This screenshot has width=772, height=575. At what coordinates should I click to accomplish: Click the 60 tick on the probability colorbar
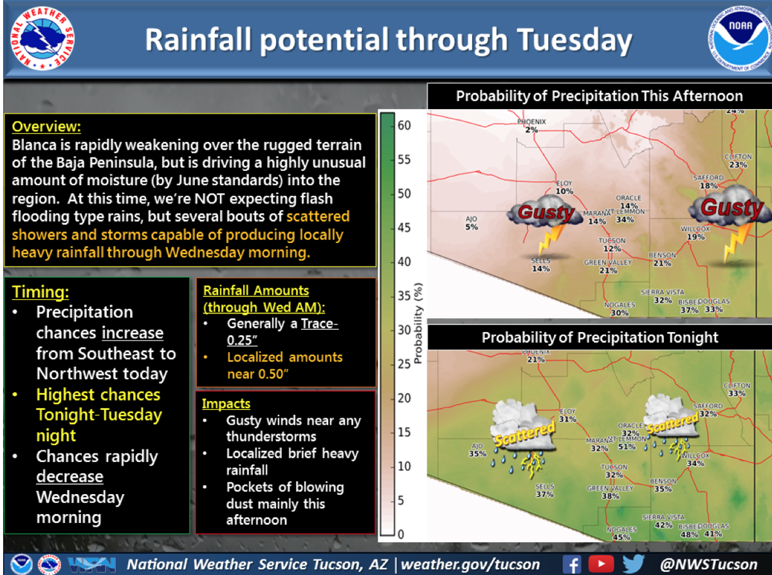coord(403,126)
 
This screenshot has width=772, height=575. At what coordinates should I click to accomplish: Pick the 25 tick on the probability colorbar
coord(403,364)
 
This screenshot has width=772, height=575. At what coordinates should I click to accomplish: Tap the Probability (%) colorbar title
coord(419,326)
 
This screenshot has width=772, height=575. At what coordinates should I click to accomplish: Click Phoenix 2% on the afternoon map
coord(531,125)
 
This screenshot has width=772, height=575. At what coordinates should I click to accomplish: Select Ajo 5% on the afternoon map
coord(472,223)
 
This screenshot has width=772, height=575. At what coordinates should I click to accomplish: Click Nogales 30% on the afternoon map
coord(619,309)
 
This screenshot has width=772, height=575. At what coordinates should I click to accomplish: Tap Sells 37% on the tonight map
coord(544,490)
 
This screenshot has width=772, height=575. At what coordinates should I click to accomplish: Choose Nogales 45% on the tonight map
coord(621,533)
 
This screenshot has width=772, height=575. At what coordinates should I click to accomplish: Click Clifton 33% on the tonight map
coord(737,389)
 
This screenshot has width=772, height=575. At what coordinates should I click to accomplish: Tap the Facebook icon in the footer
coord(571,563)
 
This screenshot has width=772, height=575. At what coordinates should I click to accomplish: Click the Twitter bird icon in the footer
coord(633,563)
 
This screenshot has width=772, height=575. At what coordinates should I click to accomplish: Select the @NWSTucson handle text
coord(709,564)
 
